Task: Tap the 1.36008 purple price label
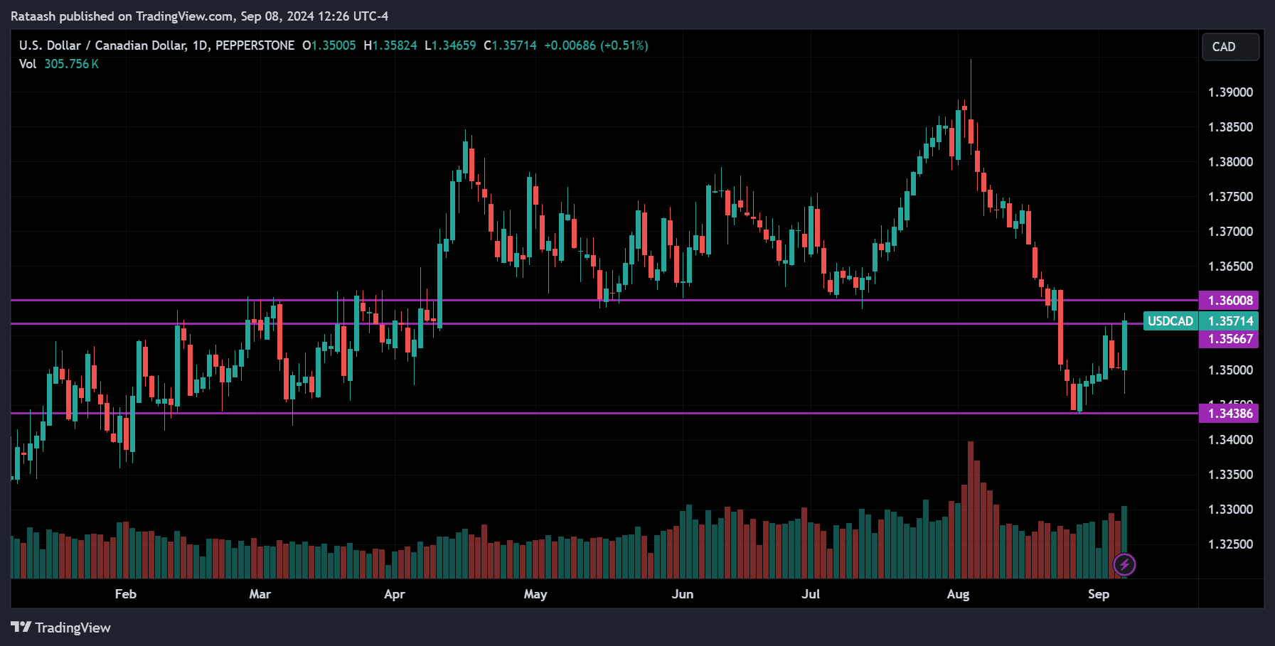(x=1229, y=301)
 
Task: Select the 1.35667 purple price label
(x=1229, y=339)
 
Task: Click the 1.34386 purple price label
(x=1229, y=414)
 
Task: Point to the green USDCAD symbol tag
(x=1170, y=321)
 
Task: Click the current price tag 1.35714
(x=1229, y=321)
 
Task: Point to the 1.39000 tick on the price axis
(x=1230, y=92)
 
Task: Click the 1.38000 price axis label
(x=1230, y=162)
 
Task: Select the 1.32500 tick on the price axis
(x=1230, y=544)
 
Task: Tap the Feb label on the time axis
(x=125, y=594)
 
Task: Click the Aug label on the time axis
(x=958, y=594)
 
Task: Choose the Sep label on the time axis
(x=1098, y=594)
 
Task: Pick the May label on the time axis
(x=535, y=594)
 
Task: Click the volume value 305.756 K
(x=71, y=64)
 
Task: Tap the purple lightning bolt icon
(x=1124, y=565)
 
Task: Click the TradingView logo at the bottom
(x=61, y=628)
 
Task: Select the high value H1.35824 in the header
(x=390, y=45)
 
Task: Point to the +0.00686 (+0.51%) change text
(x=596, y=45)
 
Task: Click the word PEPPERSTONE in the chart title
(x=255, y=45)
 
